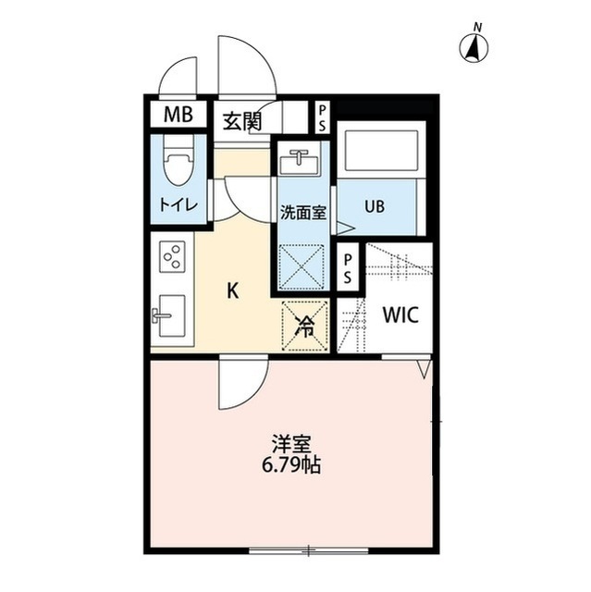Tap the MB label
(179, 114)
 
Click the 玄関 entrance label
(242, 121)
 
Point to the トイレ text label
(179, 205)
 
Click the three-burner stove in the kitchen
(173, 256)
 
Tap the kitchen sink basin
(172, 315)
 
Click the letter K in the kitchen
(233, 290)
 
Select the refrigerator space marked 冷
(304, 326)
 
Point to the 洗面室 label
(303, 213)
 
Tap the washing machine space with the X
(302, 267)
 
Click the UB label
(375, 206)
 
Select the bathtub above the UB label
(382, 150)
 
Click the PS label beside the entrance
(322, 118)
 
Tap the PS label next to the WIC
(347, 268)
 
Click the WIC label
(400, 314)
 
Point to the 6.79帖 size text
(291, 465)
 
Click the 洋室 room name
(291, 444)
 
